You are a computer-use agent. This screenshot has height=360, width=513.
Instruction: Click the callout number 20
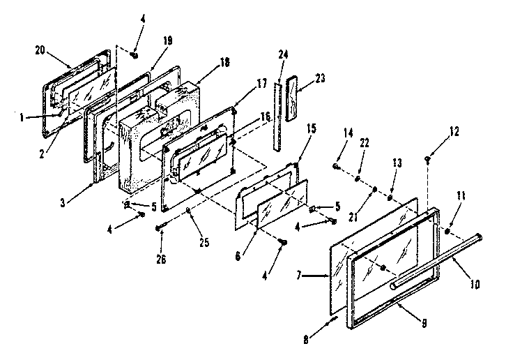click(x=40, y=50)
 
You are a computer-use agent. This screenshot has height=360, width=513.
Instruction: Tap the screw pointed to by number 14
click(x=337, y=167)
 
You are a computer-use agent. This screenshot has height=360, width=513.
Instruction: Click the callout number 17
click(x=243, y=83)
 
